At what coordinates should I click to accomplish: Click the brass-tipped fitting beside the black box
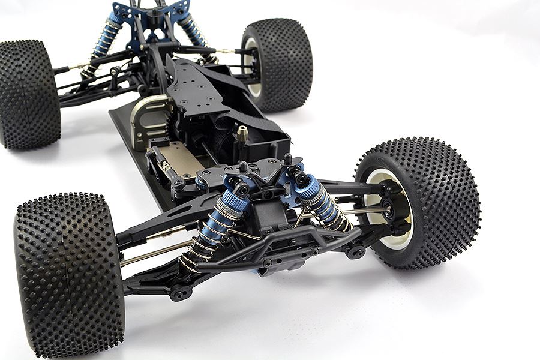[x=242, y=134]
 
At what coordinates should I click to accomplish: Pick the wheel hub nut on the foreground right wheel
[x=393, y=210]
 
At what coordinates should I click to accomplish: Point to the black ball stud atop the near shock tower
[x=244, y=167]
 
